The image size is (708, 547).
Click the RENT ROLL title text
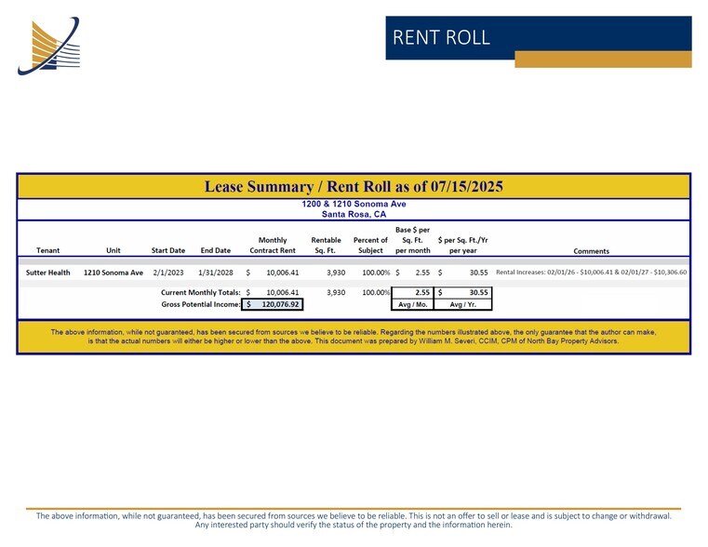pyautogui.click(x=440, y=38)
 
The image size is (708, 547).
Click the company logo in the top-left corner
pyautogui.click(x=48, y=46)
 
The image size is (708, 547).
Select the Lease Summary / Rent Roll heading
pyautogui.click(x=354, y=187)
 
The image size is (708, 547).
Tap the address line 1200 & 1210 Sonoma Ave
pyautogui.click(x=354, y=204)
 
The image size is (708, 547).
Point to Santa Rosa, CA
pyautogui.click(x=354, y=214)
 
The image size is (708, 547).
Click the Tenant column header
pyautogui.click(x=47, y=250)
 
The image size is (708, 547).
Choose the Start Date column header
pyautogui.click(x=168, y=250)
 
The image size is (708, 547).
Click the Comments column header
pyautogui.click(x=591, y=251)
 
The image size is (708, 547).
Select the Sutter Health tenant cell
pyautogui.click(x=47, y=273)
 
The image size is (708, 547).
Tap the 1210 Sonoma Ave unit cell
pyautogui.click(x=114, y=273)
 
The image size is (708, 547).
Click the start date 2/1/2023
pyautogui.click(x=168, y=273)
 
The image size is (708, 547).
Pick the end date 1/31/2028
pyautogui.click(x=215, y=273)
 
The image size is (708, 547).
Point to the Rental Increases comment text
pyautogui.click(x=591, y=273)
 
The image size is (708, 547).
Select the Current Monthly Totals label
pyautogui.click(x=201, y=292)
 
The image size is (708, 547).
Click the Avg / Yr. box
pyautogui.click(x=462, y=304)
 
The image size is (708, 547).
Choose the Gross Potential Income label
pyautogui.click(x=201, y=303)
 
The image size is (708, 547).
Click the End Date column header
pyautogui.click(x=215, y=250)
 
